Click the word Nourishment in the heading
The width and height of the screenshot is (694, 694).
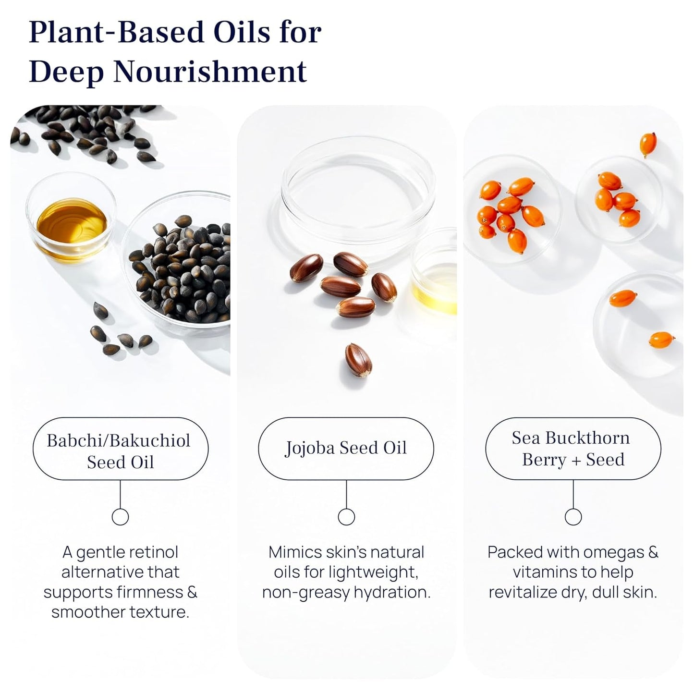point(210,72)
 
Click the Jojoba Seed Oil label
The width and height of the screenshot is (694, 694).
point(346,448)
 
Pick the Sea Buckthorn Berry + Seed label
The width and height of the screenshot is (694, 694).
point(573,448)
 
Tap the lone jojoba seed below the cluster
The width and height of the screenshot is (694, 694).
point(358,360)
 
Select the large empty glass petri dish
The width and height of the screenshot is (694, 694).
point(358,192)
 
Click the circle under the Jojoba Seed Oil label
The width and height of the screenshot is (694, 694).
point(346,517)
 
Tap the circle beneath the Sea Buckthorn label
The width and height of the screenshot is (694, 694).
point(573,517)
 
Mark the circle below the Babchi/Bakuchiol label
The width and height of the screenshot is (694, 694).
point(120,517)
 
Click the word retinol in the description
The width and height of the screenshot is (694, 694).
point(154,552)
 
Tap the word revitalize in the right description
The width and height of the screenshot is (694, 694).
point(523,593)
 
